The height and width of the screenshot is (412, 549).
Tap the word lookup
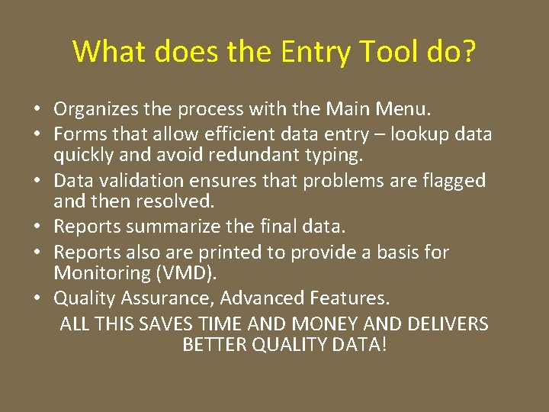pos(422,135)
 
